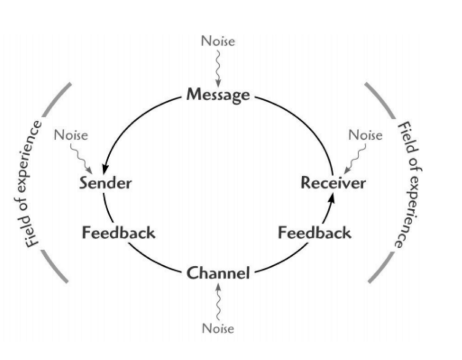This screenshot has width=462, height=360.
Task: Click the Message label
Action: click(218, 94)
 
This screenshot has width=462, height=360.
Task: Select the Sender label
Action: click(105, 182)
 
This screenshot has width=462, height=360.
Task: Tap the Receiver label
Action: click(333, 182)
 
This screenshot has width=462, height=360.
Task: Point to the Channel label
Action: click(218, 273)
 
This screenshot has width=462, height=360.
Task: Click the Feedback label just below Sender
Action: click(119, 232)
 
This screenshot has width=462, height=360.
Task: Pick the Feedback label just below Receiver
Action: click(314, 232)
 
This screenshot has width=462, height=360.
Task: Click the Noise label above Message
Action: click(218, 41)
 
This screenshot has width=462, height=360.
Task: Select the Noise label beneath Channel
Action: click(218, 328)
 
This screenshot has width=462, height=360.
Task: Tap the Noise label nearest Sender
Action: click(71, 135)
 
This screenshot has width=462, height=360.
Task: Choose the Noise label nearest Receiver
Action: click(365, 135)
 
